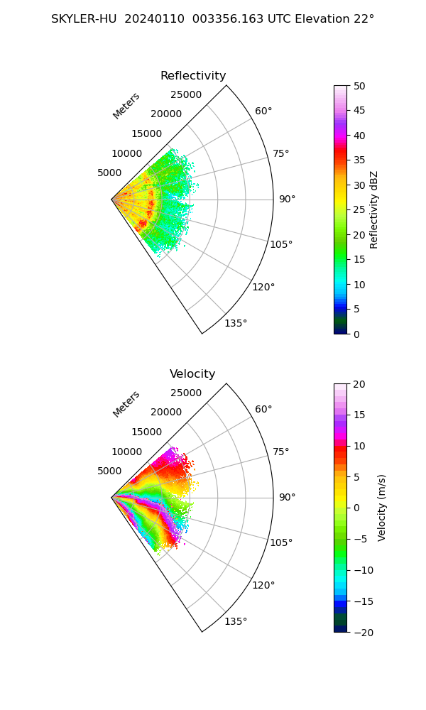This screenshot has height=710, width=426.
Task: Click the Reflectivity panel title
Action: [193, 76]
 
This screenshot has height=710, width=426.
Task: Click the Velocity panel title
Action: [192, 374]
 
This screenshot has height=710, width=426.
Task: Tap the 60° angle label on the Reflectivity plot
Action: [263, 111]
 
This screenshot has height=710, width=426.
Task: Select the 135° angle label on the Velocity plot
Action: [236, 622]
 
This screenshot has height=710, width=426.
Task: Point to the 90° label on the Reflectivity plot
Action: [287, 200]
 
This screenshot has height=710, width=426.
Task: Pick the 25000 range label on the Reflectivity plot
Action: [186, 95]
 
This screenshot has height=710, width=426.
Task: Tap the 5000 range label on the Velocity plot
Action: [109, 471]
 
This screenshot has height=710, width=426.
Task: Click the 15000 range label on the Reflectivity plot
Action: [146, 133]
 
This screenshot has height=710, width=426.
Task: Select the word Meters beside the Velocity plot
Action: [126, 404]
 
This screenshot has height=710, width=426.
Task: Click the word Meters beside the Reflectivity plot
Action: [126, 106]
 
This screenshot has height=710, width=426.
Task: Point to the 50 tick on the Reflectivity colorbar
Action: [360, 86]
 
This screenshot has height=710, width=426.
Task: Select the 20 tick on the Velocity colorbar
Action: [360, 384]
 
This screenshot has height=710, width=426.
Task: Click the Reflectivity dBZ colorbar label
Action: [374, 209]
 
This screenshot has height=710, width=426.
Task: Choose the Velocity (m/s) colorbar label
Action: [381, 508]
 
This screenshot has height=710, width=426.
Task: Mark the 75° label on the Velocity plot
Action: [281, 452]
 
